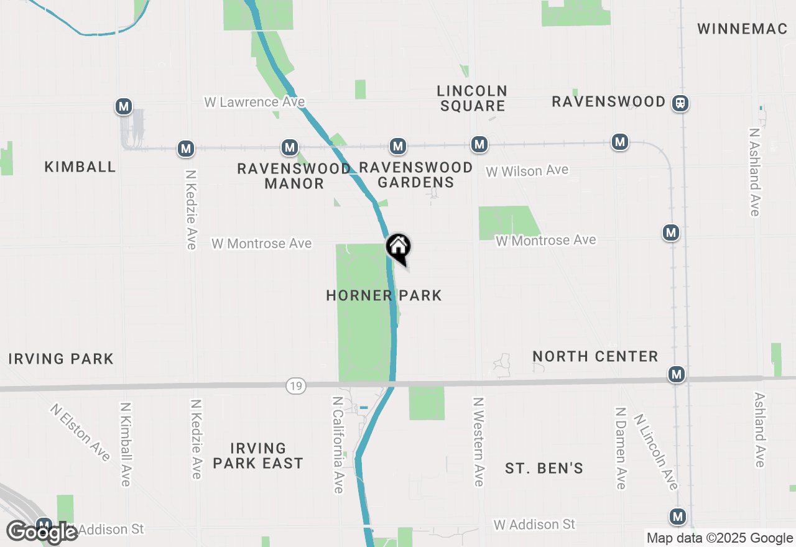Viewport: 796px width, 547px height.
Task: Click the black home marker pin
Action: click(398, 247)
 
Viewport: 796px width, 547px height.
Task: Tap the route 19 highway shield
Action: click(296, 387)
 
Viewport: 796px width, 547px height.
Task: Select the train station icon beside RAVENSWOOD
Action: click(681, 102)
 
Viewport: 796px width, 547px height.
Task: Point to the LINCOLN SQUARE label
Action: click(473, 98)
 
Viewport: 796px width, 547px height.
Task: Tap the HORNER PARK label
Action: click(384, 295)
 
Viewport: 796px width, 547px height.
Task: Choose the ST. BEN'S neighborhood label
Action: click(544, 468)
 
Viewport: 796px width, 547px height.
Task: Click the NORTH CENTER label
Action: click(595, 356)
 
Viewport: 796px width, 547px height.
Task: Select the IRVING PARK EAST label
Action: click(258, 456)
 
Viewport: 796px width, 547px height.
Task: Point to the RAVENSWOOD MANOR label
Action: click(294, 176)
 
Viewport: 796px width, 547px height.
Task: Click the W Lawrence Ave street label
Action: click(255, 102)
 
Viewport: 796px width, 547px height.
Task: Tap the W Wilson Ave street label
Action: click(527, 170)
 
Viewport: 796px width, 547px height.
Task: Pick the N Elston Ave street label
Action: click(81, 433)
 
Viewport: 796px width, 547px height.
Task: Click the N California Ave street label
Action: click(338, 445)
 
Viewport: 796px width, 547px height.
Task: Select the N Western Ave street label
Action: click(478, 442)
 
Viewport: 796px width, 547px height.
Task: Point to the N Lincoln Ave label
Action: click(655, 452)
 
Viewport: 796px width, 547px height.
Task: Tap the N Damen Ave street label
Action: click(620, 448)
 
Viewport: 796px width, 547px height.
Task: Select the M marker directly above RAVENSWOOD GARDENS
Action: click(398, 146)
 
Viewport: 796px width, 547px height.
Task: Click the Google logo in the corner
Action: click(42, 533)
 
